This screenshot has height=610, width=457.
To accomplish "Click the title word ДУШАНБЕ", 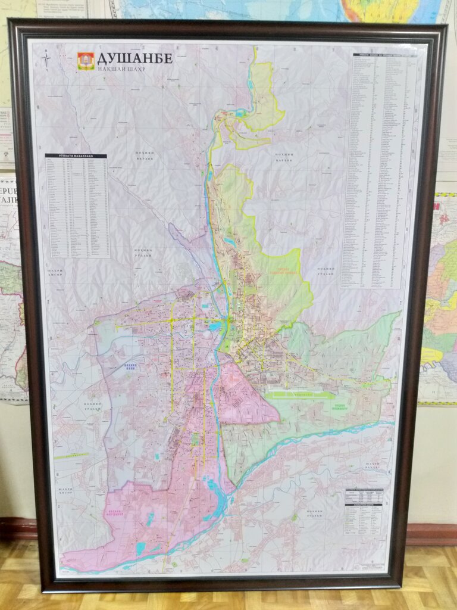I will [134, 58].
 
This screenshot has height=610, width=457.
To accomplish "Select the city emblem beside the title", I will [86, 60].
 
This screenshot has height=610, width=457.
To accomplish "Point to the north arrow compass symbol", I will [47, 60].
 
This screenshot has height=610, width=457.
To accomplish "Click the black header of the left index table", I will [76, 156].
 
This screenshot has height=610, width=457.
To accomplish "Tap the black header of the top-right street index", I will [386, 55].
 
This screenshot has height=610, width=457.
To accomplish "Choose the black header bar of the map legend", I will [364, 504].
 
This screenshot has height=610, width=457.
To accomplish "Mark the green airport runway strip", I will [301, 394].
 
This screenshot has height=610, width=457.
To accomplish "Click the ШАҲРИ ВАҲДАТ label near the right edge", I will [373, 466].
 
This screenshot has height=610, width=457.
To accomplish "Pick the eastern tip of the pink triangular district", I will [278, 421].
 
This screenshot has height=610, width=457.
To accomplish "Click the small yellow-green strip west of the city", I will [77, 456].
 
